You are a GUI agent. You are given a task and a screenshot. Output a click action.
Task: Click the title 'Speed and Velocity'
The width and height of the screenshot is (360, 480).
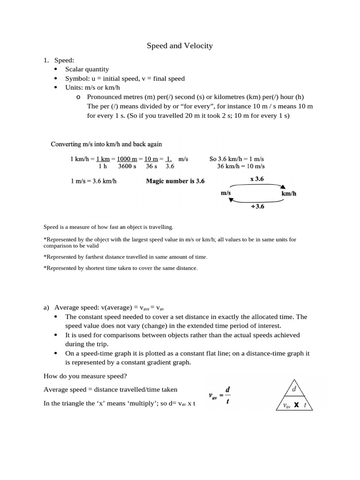(180, 45)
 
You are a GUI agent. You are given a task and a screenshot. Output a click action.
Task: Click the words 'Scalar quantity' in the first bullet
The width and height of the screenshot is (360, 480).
(87, 69)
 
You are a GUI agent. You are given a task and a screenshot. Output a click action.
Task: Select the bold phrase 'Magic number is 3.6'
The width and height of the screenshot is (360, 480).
(175, 181)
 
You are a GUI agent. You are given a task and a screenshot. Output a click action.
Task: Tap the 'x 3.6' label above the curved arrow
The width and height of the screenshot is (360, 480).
(257, 179)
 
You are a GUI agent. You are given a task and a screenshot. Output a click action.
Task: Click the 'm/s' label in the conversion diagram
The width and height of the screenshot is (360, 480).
(226, 193)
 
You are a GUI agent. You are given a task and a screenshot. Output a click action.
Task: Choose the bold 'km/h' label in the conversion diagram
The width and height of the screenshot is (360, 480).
(289, 193)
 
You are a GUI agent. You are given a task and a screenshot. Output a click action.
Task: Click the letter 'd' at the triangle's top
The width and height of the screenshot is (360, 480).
(294, 389)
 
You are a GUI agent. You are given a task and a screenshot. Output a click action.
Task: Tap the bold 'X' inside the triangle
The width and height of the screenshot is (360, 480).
(297, 405)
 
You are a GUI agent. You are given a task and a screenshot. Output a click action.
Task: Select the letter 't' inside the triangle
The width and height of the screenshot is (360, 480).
(305, 405)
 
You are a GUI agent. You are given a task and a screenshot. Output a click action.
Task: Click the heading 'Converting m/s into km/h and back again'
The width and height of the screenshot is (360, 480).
(106, 144)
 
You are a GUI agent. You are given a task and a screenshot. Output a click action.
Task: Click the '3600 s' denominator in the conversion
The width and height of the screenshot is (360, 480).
(127, 166)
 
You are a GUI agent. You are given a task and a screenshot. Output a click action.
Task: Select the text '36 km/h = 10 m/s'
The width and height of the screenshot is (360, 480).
(240, 166)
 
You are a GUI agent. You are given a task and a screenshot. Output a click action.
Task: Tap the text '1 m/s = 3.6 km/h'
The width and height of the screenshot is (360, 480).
(92, 181)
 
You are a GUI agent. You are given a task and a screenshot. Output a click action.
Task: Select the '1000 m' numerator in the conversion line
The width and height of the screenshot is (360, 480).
(127, 159)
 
